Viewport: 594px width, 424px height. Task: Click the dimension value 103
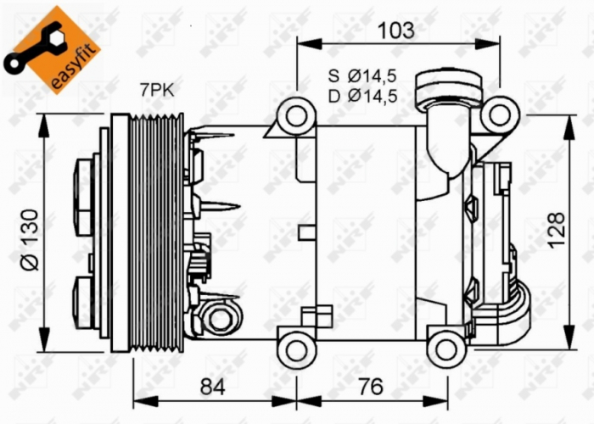396,31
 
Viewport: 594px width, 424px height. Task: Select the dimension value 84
214,388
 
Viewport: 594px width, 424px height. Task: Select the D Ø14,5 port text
362,96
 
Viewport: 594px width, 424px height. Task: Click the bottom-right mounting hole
444,346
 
